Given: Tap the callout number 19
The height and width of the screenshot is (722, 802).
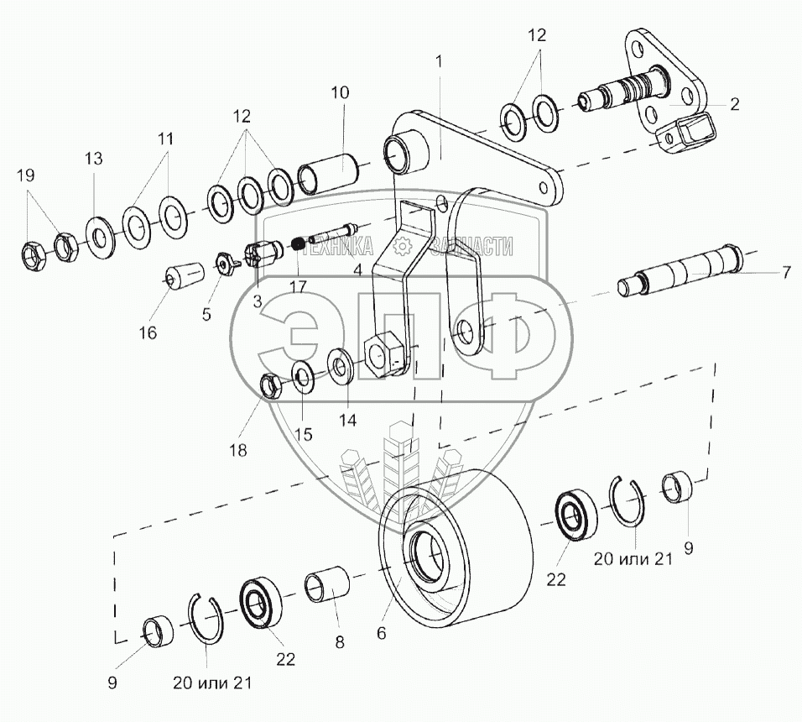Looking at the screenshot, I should tap(26, 175).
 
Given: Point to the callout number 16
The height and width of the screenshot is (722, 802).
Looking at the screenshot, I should tap(148, 332).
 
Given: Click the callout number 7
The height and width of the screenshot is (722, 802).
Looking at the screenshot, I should tap(786, 273).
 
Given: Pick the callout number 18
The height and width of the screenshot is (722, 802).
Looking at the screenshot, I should tap(240, 450).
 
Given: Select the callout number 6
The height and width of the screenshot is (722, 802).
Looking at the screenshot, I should tap(383, 635).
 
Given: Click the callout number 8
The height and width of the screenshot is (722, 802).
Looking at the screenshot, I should tap(339, 642).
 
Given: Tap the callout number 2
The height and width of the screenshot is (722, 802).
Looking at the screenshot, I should tap(733, 105).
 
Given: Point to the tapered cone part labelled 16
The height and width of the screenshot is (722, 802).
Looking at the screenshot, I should tap(184, 275).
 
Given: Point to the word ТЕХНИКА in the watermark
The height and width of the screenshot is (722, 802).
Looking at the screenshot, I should tap(341, 246).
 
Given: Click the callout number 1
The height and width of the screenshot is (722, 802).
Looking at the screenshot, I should tap(438, 60).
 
